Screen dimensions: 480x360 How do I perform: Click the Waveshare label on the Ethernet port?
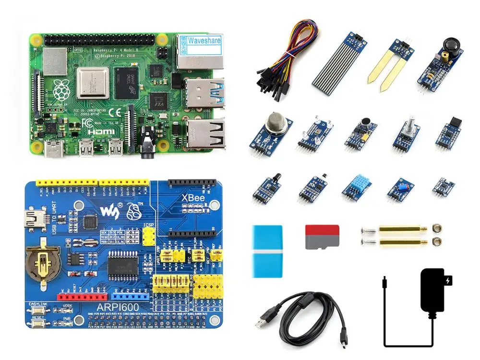[204, 40]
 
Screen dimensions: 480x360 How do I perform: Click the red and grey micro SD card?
[322, 237]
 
